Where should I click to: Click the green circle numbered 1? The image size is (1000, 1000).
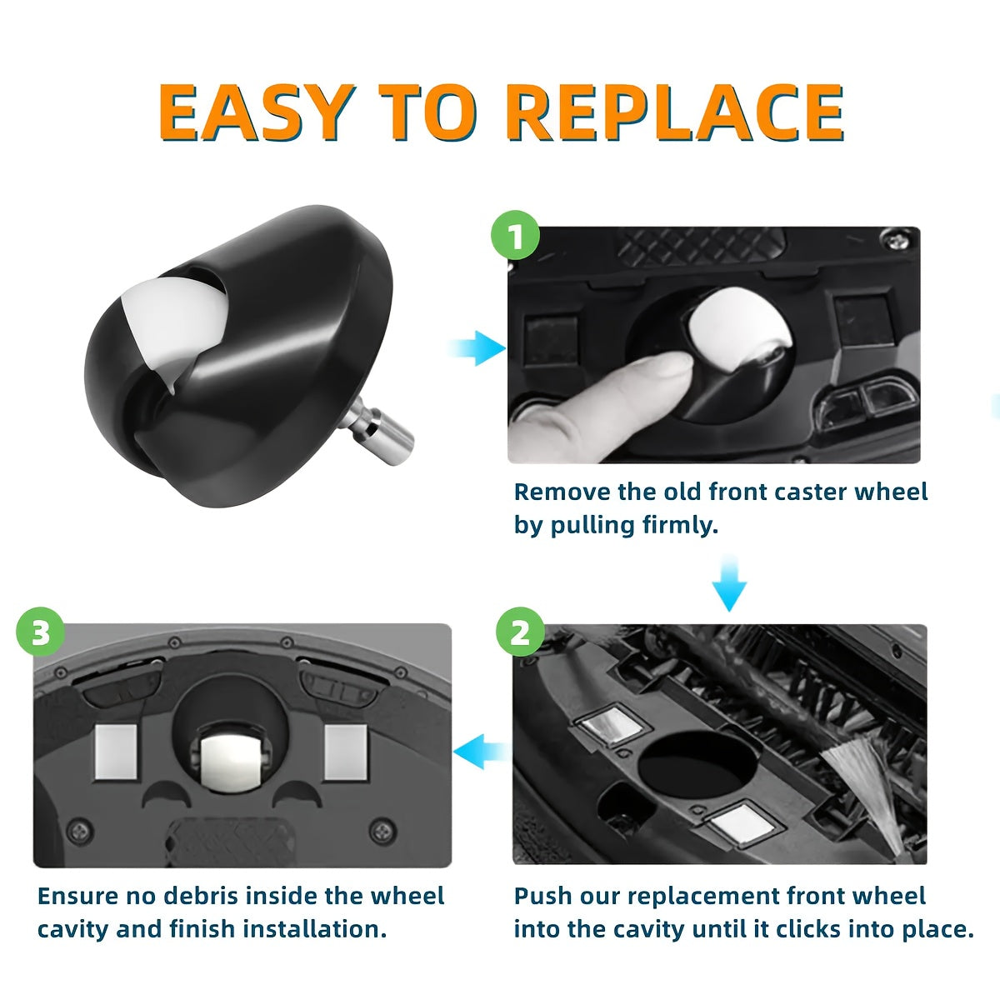[516, 236]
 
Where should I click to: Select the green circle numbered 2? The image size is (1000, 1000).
[520, 633]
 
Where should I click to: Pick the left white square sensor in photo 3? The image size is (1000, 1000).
[116, 752]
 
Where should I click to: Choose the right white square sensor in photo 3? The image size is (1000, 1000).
[345, 752]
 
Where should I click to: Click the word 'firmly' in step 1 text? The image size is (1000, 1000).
[674, 526]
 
